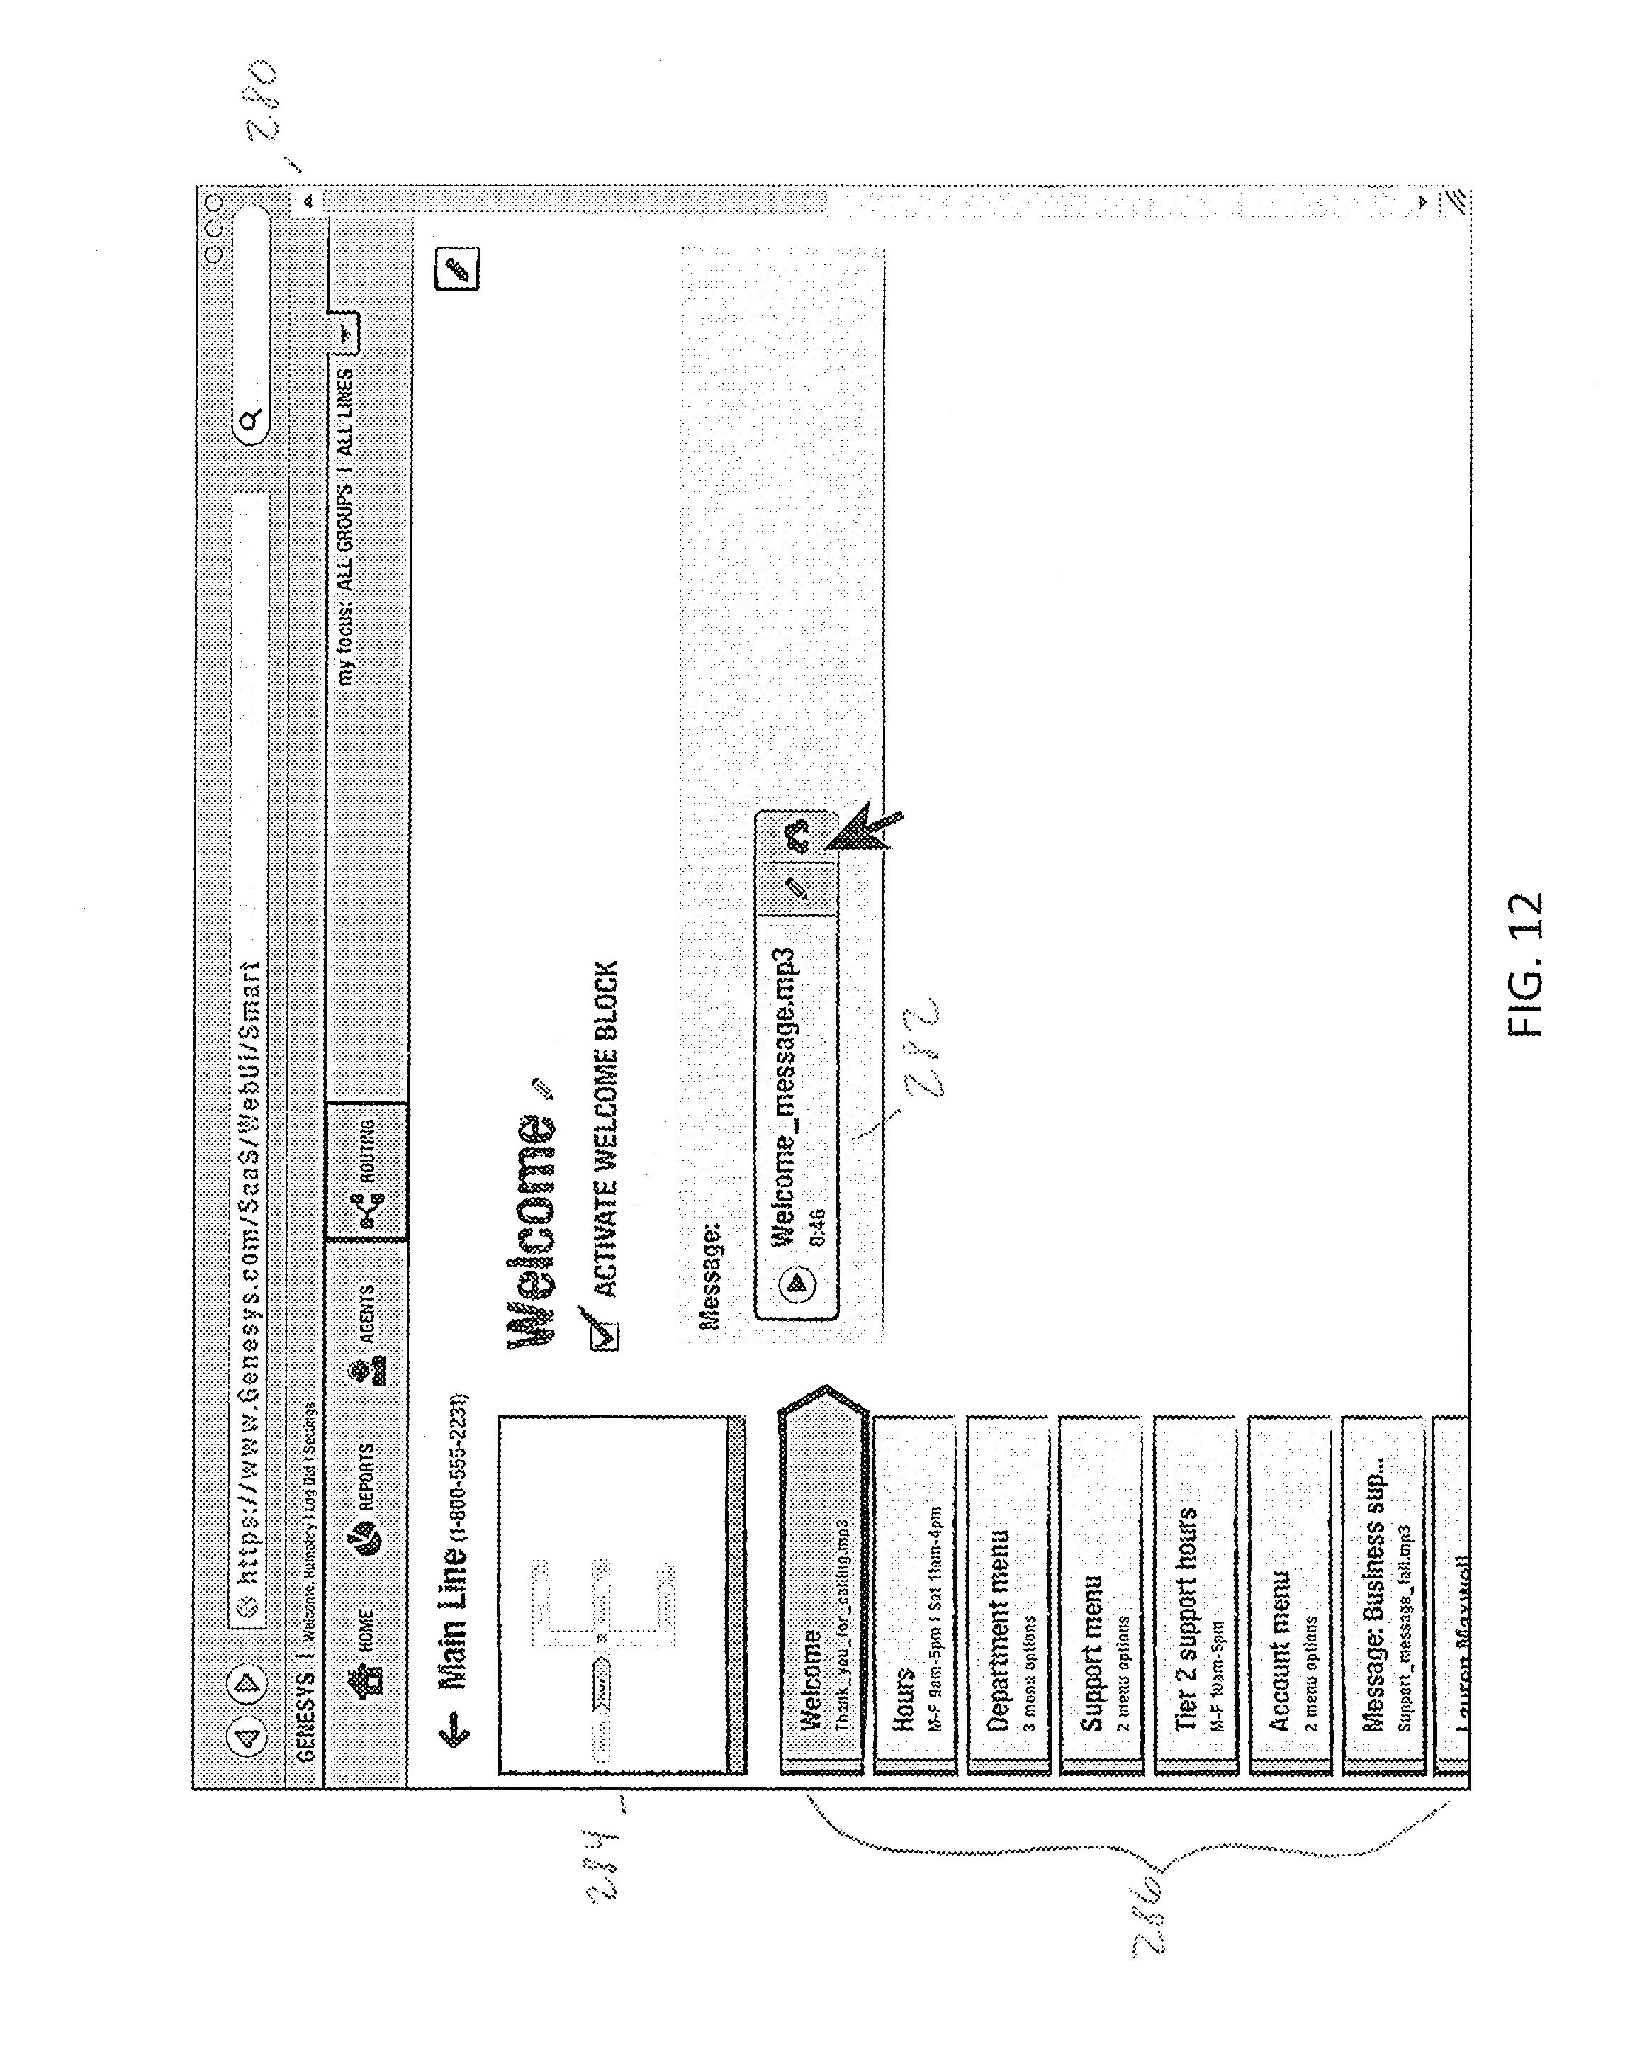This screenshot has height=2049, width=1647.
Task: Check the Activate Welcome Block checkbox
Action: pyautogui.click(x=605, y=1335)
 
